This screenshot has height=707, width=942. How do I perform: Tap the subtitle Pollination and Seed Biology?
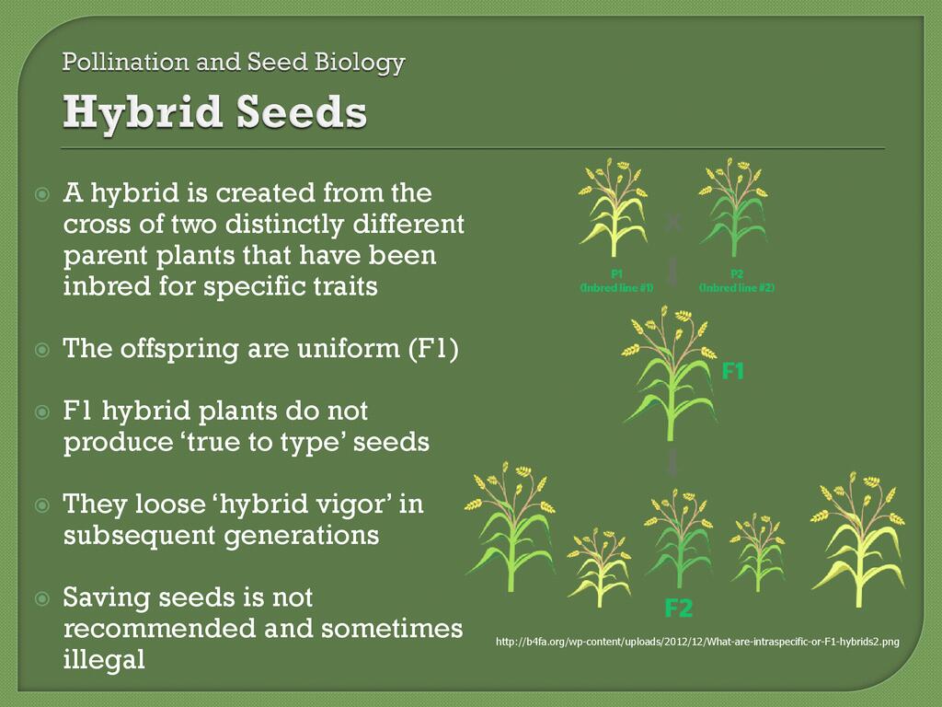click(234, 63)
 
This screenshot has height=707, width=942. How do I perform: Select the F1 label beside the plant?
click(732, 371)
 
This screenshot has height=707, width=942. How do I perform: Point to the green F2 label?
click(679, 608)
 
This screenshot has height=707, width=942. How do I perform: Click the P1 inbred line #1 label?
click(616, 282)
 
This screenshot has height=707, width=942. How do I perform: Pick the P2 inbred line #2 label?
click(737, 282)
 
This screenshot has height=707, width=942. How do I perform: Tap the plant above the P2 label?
click(733, 207)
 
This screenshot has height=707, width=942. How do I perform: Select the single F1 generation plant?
click(670, 373)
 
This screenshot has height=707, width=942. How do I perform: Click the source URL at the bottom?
click(697, 642)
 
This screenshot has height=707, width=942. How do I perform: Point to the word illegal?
click(104, 659)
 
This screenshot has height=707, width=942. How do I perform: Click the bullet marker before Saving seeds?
click(42, 598)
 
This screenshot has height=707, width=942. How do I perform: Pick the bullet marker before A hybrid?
click(42, 193)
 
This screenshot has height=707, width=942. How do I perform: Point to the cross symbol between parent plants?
click(673, 224)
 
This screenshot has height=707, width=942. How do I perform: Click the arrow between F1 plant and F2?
click(672, 461)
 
